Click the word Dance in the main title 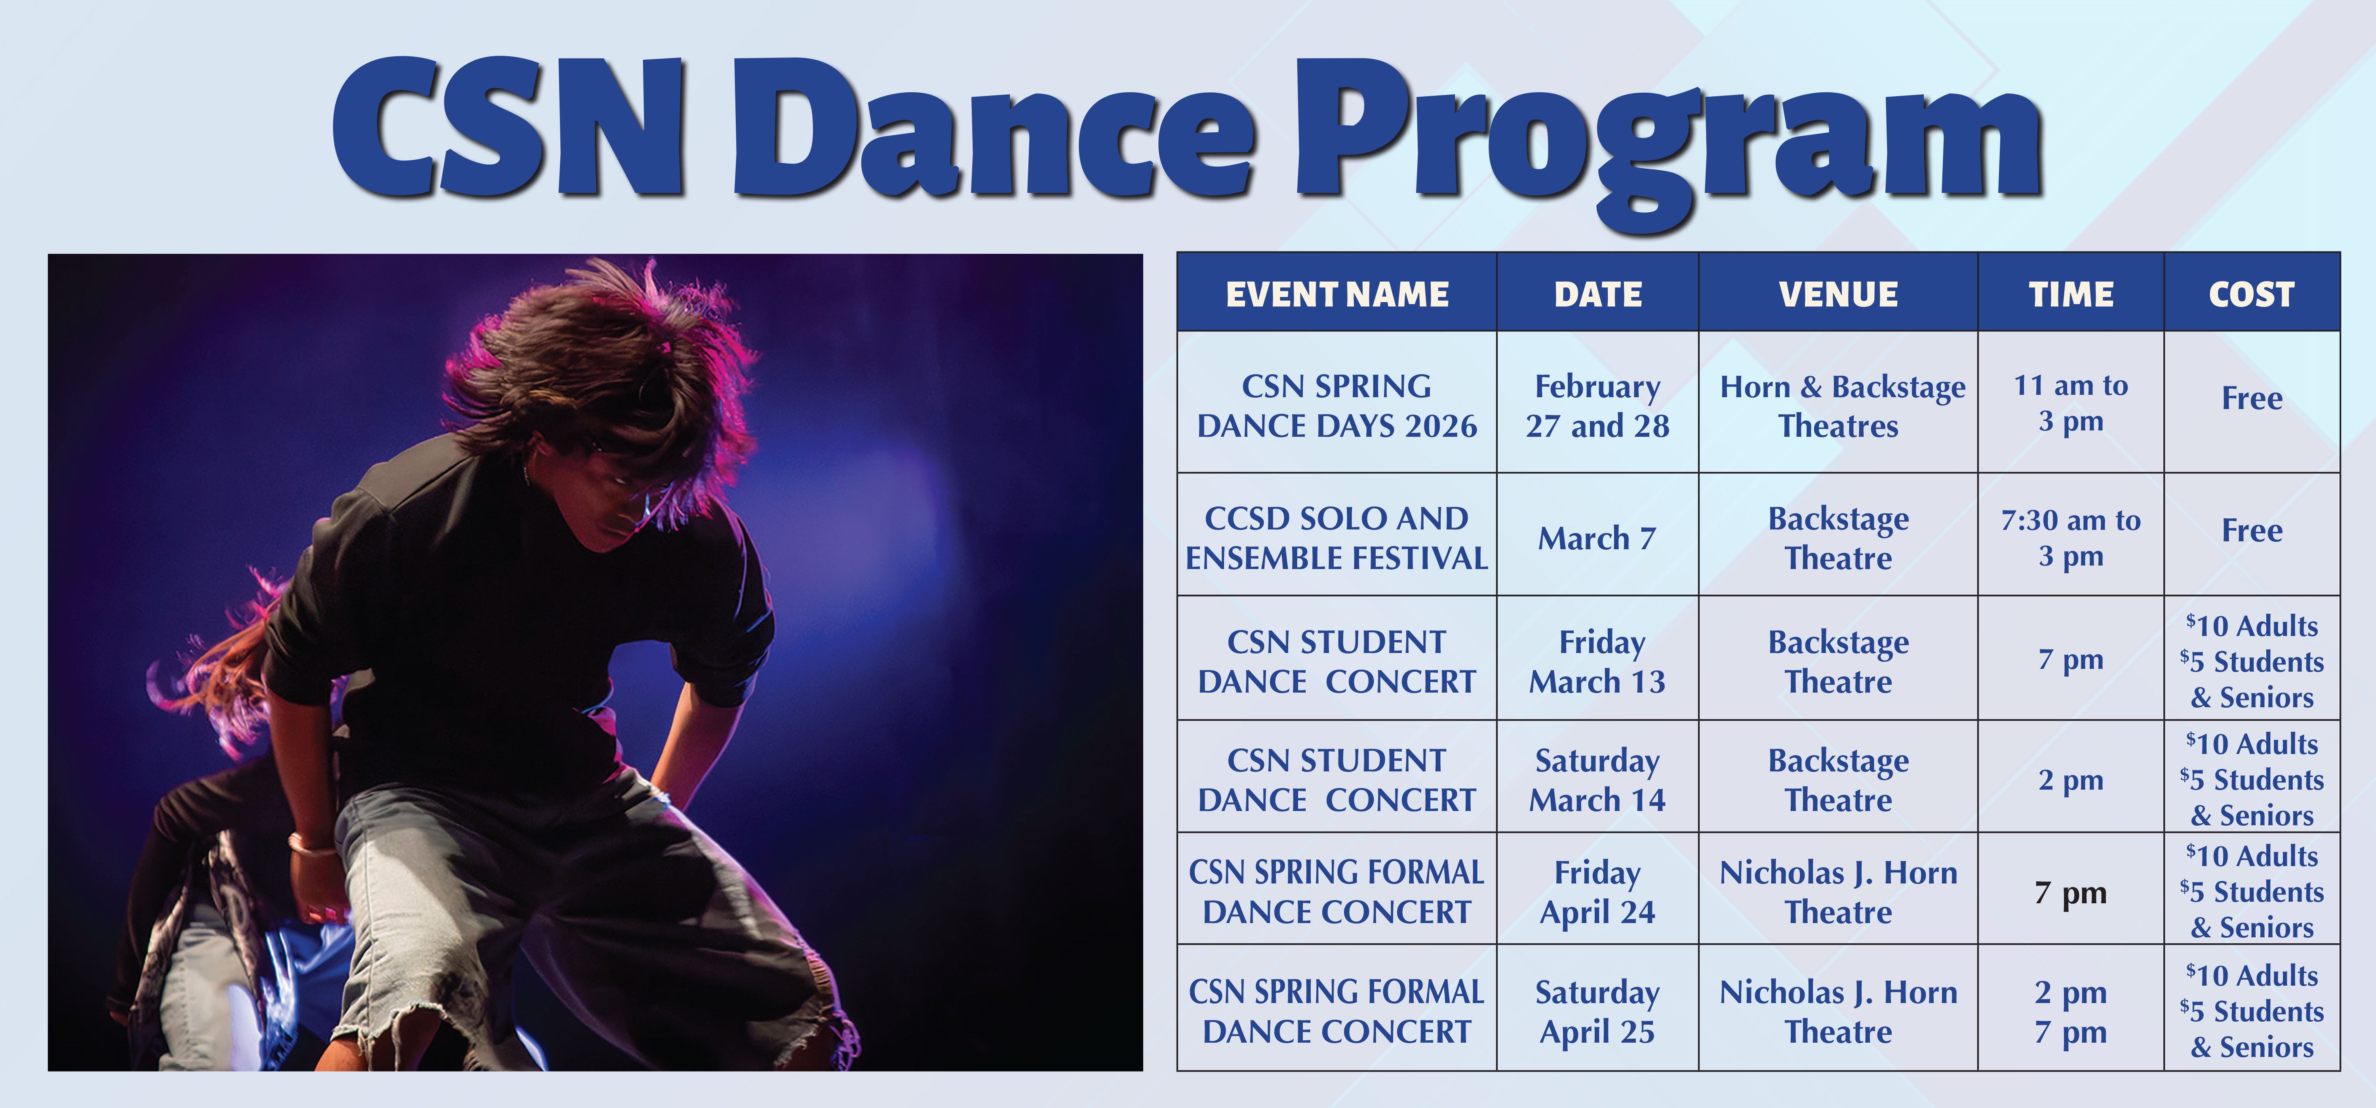tap(992, 129)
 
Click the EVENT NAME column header tap(1336, 294)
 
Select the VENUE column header tap(1838, 294)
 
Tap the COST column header tap(2252, 294)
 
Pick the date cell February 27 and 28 tap(1597, 406)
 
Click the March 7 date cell tap(1597, 538)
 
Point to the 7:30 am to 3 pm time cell tap(2071, 538)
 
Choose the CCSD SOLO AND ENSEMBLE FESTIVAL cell tap(1336, 538)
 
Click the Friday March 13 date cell tap(1597, 661)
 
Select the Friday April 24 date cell tap(1597, 892)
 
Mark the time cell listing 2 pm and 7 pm tap(2071, 1012)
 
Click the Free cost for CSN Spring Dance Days tap(2252, 398)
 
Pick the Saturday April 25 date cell tap(1597, 1012)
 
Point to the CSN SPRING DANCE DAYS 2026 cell tap(1336, 406)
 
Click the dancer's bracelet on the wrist tap(311, 842)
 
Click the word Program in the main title tap(1670, 134)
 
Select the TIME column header tap(2071, 294)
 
